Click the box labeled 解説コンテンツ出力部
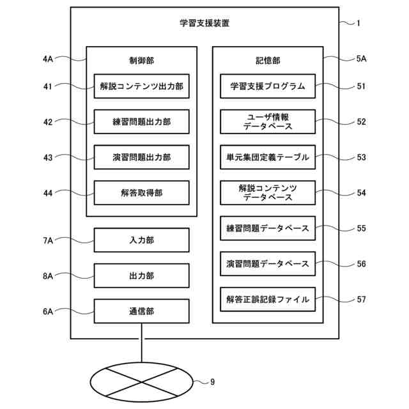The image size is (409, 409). (141, 86)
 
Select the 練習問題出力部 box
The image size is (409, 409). (141, 121)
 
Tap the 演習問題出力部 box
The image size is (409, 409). (141, 157)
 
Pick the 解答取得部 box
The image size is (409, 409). (141, 192)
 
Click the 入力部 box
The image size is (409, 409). (141, 240)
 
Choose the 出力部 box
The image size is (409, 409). (141, 276)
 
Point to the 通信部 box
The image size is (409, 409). (141, 312)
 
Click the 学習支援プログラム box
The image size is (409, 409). (268, 86)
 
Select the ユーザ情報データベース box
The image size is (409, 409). (268, 121)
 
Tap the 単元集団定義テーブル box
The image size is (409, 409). (268, 157)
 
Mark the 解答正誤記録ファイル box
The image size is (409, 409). (268, 299)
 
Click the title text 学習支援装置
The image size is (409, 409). (204, 24)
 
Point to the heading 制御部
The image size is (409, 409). (141, 61)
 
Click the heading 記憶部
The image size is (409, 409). (268, 61)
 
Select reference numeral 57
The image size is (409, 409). (361, 299)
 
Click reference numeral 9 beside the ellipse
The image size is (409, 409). (212, 382)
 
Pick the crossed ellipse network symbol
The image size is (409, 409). (141, 382)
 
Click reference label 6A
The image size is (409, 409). (48, 312)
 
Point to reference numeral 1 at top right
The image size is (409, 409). (359, 24)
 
